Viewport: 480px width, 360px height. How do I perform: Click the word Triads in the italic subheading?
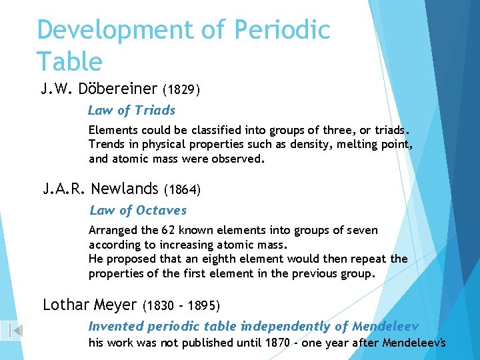(155, 111)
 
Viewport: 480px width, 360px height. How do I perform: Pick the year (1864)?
(182, 190)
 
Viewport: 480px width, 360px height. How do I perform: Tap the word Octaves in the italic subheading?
(161, 211)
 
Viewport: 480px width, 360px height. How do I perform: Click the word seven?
(363, 231)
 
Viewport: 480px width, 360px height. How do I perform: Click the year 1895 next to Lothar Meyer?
(202, 306)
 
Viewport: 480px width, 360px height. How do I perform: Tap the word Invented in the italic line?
(116, 327)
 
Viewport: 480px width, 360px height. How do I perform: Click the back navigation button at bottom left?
(14, 330)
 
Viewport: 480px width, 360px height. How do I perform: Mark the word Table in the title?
(69, 61)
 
